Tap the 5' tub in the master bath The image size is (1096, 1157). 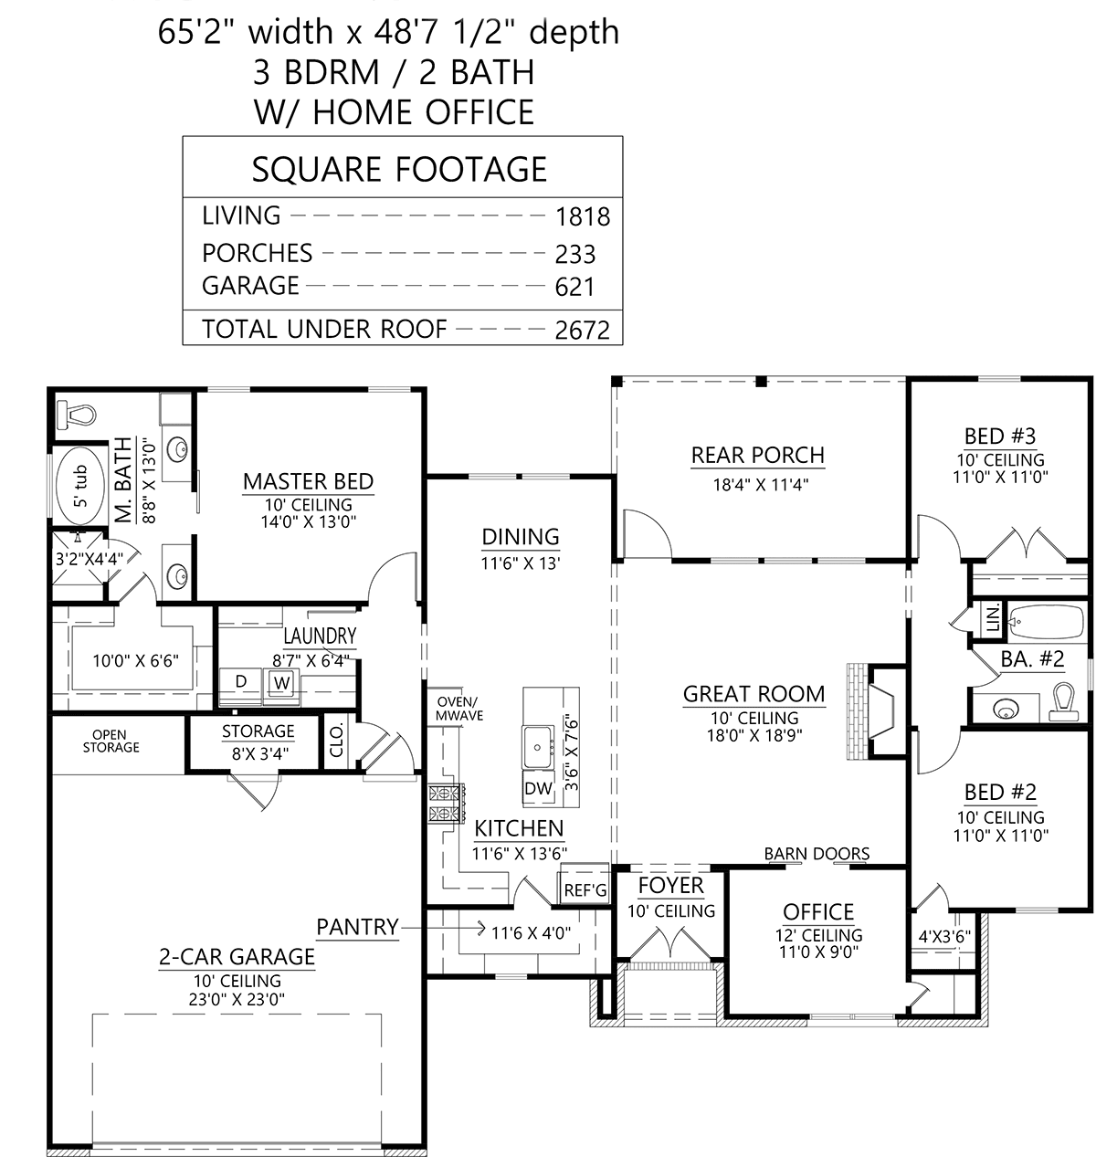coord(81,486)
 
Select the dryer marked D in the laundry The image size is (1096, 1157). coord(241,686)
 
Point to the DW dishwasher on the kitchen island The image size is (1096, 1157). coord(538,789)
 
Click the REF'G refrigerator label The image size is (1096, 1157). coord(585,890)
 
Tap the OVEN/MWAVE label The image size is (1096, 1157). coord(459,709)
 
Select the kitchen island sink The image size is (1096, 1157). coord(538,747)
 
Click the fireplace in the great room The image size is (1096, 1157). coord(875,712)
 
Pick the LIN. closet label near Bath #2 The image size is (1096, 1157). coord(992,618)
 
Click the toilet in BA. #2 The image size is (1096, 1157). coord(1063,701)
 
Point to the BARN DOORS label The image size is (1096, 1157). coord(817,853)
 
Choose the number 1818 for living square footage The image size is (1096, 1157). coord(583,217)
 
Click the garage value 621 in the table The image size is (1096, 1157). coord(574,287)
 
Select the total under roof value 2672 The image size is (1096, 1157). coord(582,331)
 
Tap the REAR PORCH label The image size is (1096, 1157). coord(757,455)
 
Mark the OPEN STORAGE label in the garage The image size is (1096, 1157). coord(111,741)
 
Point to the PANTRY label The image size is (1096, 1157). coord(357,927)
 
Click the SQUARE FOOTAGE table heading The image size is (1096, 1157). coord(400,170)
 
